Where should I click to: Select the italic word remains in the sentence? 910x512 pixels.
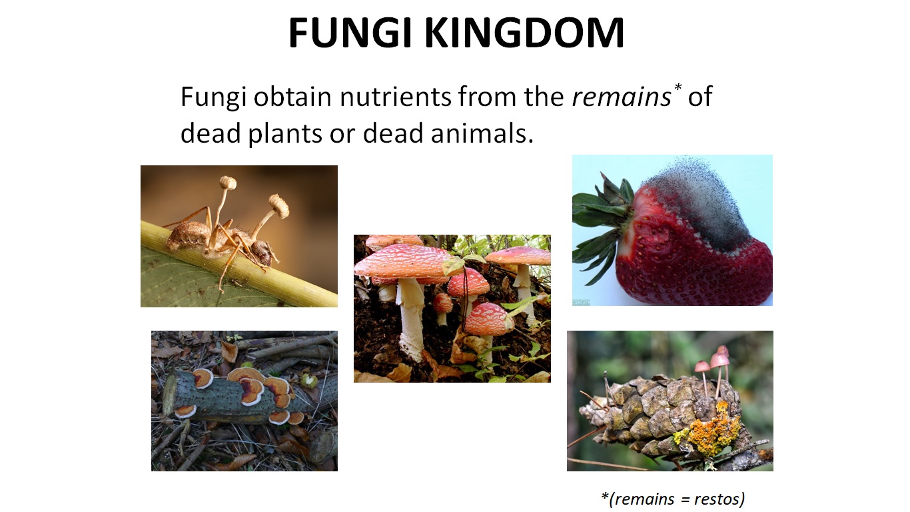tap(621, 97)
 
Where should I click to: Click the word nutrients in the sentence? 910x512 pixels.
tap(395, 97)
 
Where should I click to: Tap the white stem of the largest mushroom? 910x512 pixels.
tap(411, 313)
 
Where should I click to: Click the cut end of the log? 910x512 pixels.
tap(169, 393)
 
